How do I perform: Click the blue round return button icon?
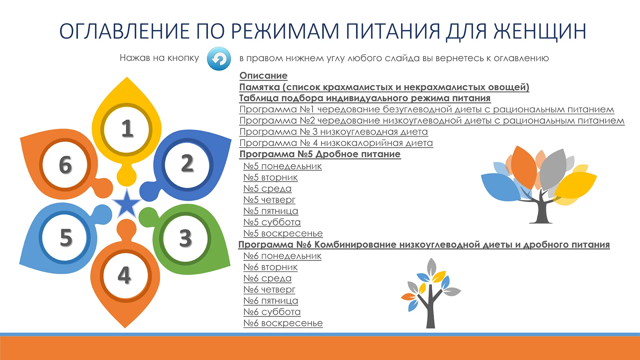[x=219, y=59]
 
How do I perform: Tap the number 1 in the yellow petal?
[x=127, y=129]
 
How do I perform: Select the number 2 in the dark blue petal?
[x=187, y=163]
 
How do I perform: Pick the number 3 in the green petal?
[x=186, y=238]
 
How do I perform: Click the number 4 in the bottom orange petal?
[x=124, y=275]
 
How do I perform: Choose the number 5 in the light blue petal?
[x=66, y=237]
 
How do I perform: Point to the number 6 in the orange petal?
[x=65, y=165]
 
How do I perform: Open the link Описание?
[x=263, y=76]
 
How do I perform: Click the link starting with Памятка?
[x=384, y=87]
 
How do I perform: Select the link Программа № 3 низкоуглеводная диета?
[x=334, y=132]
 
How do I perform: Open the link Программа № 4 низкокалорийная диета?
[x=336, y=143]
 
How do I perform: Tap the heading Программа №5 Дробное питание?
[x=320, y=154]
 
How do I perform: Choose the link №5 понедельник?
[x=283, y=166]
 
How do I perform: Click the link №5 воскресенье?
[x=283, y=233]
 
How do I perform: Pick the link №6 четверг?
[x=269, y=289]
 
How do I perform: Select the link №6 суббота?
[x=272, y=312]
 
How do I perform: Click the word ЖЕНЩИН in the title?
[x=539, y=31]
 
